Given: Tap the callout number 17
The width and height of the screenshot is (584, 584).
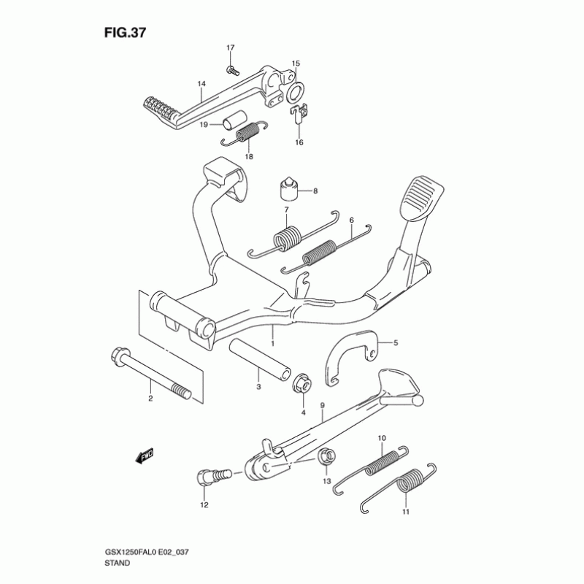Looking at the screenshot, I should [x=231, y=48].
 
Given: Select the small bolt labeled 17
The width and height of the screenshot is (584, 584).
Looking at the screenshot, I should [x=231, y=70].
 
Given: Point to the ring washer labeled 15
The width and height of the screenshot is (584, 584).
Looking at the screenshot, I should [x=296, y=93].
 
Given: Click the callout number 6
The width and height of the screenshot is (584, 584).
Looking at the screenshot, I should [x=351, y=219].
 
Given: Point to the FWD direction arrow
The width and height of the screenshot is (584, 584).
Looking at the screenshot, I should [x=145, y=455].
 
